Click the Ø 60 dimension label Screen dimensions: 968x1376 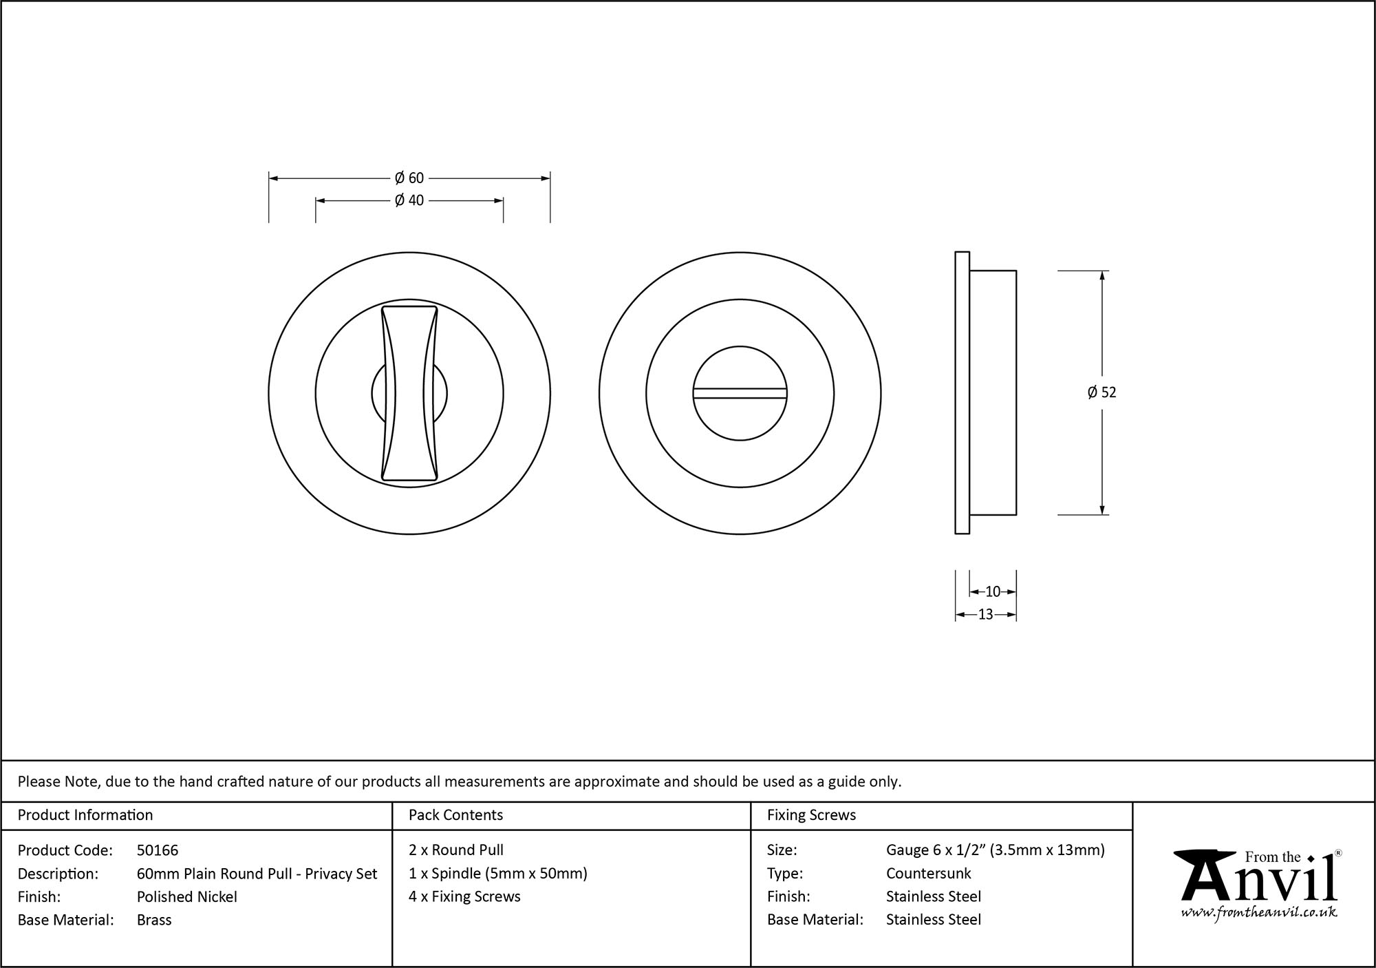409,178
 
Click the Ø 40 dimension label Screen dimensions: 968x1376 409,200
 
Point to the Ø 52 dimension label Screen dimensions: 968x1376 1101,392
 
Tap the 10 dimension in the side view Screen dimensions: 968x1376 992,591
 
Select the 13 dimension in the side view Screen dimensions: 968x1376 985,615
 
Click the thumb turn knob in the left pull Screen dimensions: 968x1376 409,394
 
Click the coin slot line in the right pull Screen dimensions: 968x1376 740,393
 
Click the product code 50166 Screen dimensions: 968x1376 158,850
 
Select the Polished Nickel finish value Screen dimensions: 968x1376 186,896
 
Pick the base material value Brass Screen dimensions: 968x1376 154,920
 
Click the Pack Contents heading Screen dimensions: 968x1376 455,815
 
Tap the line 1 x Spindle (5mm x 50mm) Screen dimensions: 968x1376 497,874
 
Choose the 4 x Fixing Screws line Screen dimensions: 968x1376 464,896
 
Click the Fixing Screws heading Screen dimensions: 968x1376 811,815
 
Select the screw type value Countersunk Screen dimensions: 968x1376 928,874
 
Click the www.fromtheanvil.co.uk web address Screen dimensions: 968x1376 1259,913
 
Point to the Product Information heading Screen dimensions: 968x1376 85,815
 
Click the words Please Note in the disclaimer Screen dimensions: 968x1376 59,781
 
